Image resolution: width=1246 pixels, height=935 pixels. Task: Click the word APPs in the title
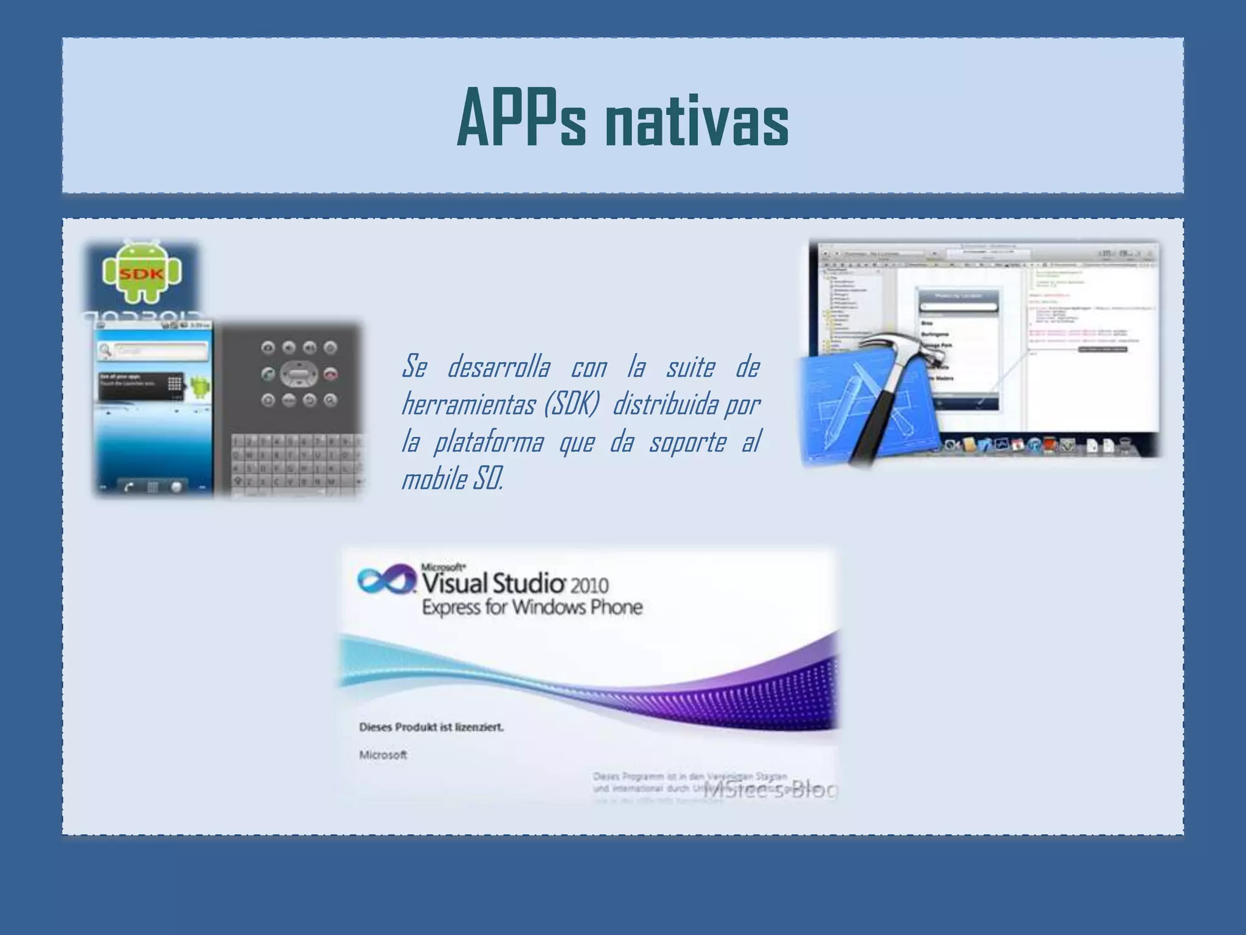point(521,119)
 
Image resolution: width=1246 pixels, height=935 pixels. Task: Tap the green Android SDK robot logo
point(142,273)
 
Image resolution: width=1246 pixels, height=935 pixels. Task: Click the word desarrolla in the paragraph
point(499,367)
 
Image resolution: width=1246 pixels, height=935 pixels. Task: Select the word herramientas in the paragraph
point(468,405)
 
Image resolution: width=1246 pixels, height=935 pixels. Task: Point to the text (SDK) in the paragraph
point(571,405)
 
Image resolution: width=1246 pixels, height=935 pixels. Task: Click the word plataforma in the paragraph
point(488,443)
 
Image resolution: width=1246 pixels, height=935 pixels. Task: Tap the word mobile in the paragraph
point(433,480)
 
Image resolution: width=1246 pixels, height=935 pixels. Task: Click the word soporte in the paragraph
point(687,443)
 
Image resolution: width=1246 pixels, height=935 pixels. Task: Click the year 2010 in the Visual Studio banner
point(589,585)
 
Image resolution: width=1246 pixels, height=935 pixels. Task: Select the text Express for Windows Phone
point(532,608)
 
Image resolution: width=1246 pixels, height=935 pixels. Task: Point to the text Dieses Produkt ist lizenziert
point(431,727)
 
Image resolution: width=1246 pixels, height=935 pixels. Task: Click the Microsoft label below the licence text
point(383,755)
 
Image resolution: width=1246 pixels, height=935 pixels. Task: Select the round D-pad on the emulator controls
point(299,374)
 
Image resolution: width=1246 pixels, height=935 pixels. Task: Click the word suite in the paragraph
point(690,367)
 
